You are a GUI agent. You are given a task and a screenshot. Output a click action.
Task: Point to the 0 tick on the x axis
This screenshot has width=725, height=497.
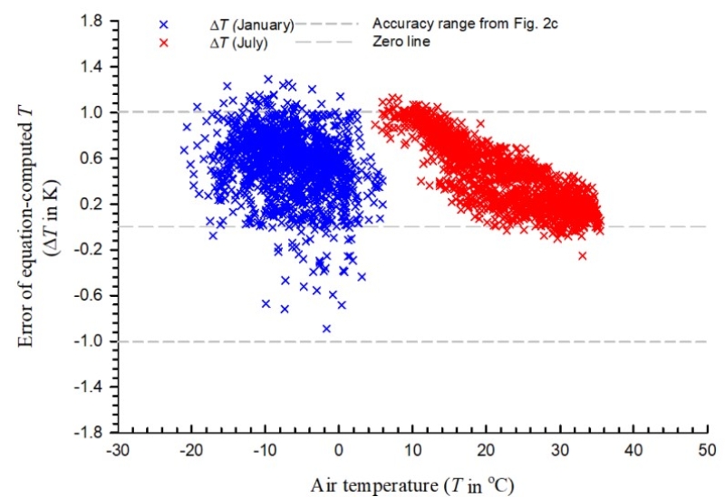339,450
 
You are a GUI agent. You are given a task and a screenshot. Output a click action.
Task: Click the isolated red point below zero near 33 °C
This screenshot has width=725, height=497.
582,256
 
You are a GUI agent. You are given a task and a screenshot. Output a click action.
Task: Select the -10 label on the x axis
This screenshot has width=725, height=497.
263,450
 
